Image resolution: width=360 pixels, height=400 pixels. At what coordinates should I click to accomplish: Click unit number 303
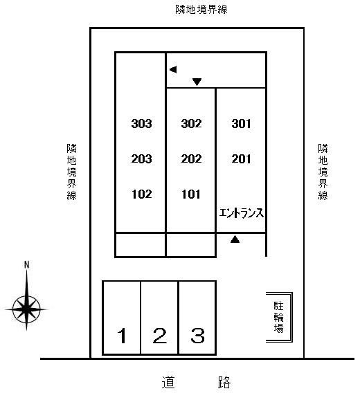pos(141,123)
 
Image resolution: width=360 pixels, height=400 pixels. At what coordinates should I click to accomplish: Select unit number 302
pos(191,123)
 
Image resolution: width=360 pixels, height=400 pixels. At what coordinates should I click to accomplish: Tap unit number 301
pos(241,123)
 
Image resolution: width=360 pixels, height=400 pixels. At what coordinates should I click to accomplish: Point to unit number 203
pos(141,159)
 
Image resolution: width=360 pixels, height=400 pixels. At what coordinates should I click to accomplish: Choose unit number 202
pos(191,159)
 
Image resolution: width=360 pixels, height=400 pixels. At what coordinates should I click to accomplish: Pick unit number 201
pos(241,159)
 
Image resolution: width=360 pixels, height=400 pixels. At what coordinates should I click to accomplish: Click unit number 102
pos(142,194)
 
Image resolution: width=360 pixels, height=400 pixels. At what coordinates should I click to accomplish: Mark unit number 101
pos(191,194)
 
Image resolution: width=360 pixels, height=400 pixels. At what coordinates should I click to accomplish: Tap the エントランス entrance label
pos(242,213)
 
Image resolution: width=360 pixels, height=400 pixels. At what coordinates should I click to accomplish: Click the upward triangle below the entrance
pos(235,239)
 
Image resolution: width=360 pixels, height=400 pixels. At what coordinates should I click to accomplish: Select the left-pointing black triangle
pos(173,69)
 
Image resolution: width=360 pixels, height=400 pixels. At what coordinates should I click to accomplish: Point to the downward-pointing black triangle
pos(197,82)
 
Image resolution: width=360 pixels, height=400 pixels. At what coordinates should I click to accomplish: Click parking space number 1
pos(122,336)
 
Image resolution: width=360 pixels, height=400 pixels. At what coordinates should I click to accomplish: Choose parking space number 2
pos(160,336)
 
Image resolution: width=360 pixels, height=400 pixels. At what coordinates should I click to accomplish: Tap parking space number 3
pos(198,336)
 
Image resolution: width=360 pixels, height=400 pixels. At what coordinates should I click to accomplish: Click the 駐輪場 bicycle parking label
pos(279,317)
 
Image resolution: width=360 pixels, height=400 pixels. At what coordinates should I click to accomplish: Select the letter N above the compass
pos(26,265)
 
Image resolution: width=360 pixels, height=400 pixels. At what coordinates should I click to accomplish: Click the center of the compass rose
pos(26,309)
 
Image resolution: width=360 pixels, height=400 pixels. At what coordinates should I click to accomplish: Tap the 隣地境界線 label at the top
pos(201,10)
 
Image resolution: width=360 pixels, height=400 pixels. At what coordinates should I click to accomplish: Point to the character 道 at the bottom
pos(168,382)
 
